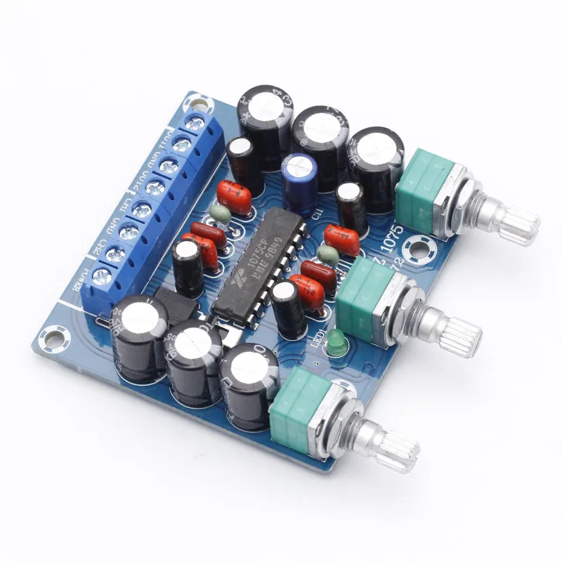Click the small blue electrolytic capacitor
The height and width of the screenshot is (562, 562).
coord(298,181)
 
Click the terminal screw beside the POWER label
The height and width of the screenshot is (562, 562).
coord(103,275)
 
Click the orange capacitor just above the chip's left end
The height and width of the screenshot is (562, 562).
coord(234,196)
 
